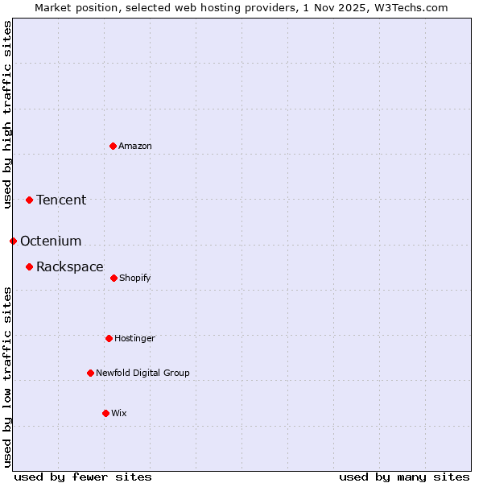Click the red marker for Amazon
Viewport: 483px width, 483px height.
tap(113, 146)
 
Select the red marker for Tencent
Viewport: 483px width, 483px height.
tap(29, 200)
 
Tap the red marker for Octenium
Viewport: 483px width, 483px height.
tap(13, 241)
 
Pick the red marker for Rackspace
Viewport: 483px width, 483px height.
tap(29, 266)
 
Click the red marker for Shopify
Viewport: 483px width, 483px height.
tap(114, 278)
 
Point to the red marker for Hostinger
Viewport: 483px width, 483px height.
tap(109, 338)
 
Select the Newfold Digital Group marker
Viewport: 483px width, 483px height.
tap(90, 373)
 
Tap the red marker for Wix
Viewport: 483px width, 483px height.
tap(105, 413)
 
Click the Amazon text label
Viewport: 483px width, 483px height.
tap(135, 146)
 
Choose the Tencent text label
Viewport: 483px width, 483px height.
tap(61, 200)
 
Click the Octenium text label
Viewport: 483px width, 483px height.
tap(51, 241)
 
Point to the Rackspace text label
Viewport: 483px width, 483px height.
tap(70, 266)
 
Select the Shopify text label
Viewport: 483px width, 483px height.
tap(135, 278)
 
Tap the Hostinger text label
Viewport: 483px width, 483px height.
tap(134, 338)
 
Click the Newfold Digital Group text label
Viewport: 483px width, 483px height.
tap(142, 373)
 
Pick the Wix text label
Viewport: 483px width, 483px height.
tap(119, 413)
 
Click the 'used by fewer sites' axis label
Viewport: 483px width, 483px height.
tap(83, 477)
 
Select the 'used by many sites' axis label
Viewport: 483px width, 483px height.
tap(404, 477)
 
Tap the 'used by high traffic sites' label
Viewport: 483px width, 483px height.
tap(7, 114)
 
